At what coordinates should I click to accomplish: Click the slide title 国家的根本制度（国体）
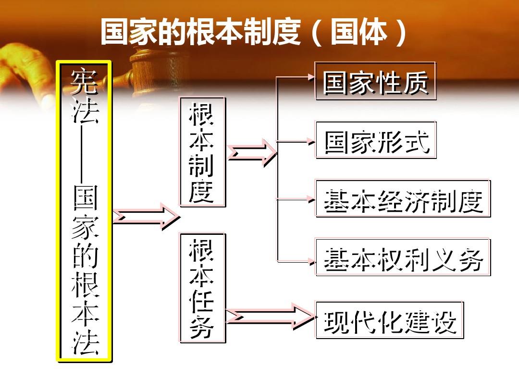click(254, 32)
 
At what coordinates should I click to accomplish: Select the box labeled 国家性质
click(375, 81)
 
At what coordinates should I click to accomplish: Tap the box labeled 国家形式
click(376, 140)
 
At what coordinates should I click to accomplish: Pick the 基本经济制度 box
click(403, 198)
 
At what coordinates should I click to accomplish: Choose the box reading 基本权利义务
click(403, 257)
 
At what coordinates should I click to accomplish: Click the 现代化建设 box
click(390, 320)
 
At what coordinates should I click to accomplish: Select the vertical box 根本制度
click(203, 152)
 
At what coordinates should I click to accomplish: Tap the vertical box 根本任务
click(203, 288)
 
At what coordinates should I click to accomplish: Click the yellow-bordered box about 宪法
click(84, 211)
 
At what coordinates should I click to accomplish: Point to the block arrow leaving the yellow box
click(146, 216)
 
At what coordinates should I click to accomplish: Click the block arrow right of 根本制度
click(252, 152)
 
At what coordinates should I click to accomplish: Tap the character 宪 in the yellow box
click(85, 81)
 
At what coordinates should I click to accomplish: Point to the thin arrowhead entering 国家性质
click(311, 77)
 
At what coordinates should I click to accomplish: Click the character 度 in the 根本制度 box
click(201, 192)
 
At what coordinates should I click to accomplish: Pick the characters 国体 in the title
click(359, 32)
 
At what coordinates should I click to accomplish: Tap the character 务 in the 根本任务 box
click(201, 327)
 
